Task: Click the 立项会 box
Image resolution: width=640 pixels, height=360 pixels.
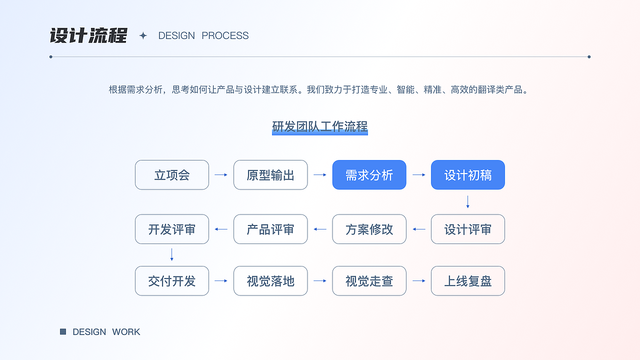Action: [172, 175]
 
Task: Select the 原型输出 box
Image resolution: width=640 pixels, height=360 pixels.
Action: [270, 175]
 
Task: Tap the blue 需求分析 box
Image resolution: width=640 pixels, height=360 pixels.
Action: [369, 175]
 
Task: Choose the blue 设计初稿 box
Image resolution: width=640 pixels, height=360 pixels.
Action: [468, 175]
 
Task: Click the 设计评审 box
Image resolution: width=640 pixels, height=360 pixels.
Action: [468, 229]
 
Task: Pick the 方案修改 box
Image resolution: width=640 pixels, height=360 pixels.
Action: [369, 229]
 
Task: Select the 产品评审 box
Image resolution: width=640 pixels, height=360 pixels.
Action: [270, 229]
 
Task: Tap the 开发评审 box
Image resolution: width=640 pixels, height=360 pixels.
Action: [172, 229]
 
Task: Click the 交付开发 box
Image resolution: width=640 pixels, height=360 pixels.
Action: [172, 281]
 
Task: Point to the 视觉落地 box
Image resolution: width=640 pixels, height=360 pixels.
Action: [270, 281]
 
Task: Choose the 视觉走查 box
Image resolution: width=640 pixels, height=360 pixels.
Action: [369, 281]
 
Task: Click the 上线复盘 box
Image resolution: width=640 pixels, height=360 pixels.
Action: [468, 281]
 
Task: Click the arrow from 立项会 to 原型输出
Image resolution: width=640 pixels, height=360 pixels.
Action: [221, 175]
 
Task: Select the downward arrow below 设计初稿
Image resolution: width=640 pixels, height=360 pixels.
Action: [468, 202]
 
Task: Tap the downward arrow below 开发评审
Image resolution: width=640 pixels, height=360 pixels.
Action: [172, 255]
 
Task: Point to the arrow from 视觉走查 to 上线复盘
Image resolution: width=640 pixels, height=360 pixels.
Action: [419, 281]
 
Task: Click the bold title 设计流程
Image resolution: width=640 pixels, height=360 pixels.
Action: [88, 36]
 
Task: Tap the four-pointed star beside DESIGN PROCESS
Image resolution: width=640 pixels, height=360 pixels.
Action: [143, 35]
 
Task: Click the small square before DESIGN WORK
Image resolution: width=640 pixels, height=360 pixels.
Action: [63, 331]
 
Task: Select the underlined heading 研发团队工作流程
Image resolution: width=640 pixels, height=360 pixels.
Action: [320, 126]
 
